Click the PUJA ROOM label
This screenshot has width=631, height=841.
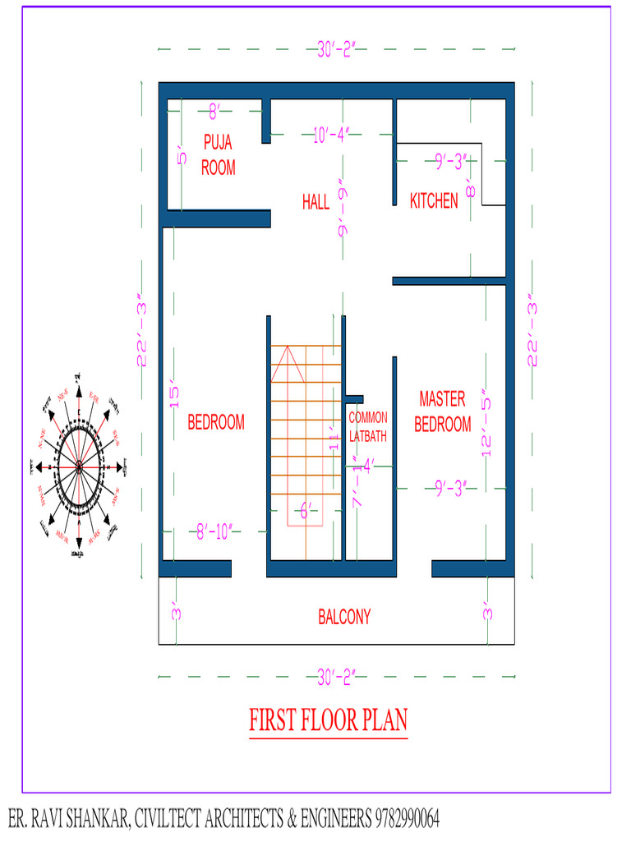pyautogui.click(x=218, y=155)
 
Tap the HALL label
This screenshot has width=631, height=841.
pyautogui.click(x=315, y=202)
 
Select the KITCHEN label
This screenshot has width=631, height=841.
pyautogui.click(x=434, y=201)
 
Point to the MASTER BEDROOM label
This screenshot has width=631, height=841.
pyautogui.click(x=443, y=412)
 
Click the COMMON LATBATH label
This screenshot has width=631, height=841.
pyautogui.click(x=367, y=427)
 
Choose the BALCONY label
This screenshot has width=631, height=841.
pyautogui.click(x=344, y=617)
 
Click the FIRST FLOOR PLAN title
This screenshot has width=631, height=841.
pyautogui.click(x=328, y=720)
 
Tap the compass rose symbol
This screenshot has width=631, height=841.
pyautogui.click(x=79, y=466)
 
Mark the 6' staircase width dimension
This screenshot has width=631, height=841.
pyautogui.click(x=305, y=512)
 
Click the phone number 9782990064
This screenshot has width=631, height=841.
pyautogui.click(x=407, y=819)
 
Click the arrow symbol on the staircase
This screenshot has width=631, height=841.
pyautogui.click(x=288, y=361)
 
